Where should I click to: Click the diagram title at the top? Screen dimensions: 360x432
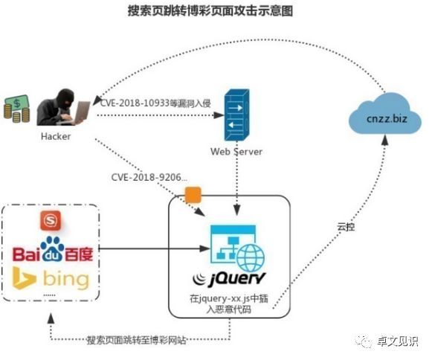pyautogui.click(x=216, y=11)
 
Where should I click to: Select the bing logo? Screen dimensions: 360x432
pyautogui.click(x=51, y=280)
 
